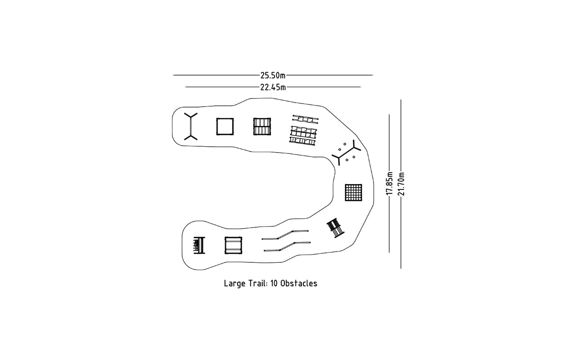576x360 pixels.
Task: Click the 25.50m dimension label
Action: (273, 75)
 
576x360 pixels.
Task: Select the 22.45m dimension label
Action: (273, 87)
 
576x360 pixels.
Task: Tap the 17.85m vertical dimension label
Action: (390, 183)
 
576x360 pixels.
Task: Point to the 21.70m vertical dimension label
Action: (401, 184)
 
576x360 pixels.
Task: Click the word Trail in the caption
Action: (258, 283)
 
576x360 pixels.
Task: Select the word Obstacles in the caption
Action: (299, 283)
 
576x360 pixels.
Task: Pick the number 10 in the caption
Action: (274, 283)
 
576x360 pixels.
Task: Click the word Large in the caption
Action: (235, 284)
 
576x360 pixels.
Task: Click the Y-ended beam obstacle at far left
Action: (190, 126)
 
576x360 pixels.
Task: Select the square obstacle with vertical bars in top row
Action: (262, 126)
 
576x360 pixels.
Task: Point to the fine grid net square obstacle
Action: (353, 192)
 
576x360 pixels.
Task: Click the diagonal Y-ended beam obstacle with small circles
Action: (346, 153)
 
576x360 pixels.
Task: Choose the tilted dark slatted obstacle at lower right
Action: (336, 228)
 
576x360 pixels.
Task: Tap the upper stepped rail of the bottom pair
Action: (285, 235)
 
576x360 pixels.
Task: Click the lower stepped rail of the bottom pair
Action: (287, 246)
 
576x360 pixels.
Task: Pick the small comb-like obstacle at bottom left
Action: (199, 245)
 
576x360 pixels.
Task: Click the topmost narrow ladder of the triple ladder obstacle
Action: (306, 119)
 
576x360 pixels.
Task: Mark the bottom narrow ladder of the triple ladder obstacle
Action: (302, 141)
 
